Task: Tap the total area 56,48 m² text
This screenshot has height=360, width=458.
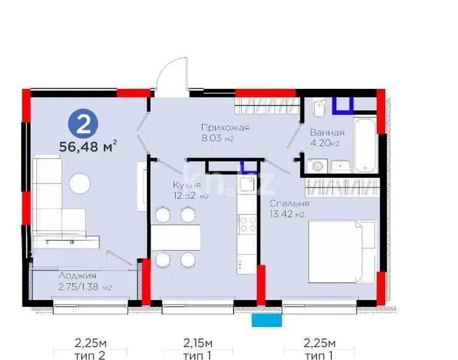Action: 87,147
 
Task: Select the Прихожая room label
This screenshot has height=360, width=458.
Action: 225,128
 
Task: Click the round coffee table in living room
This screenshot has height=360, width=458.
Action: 80,183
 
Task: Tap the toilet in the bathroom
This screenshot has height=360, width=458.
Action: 318,111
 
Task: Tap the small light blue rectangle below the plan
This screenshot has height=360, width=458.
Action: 265,320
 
